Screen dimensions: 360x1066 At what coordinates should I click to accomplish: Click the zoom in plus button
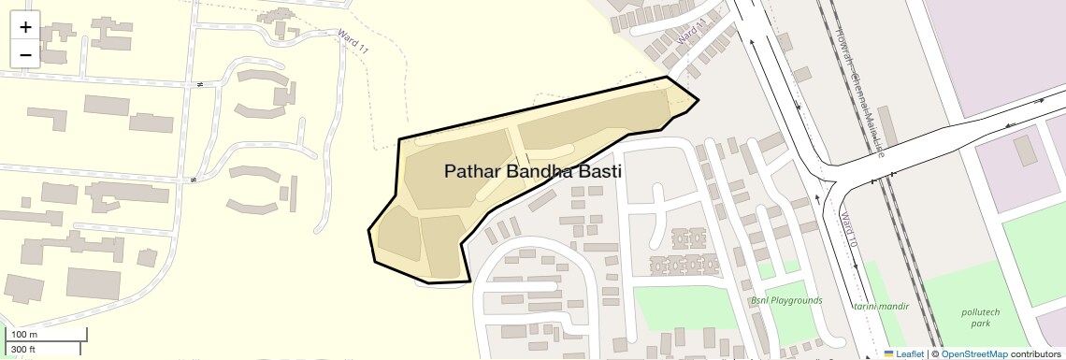pos(25,27)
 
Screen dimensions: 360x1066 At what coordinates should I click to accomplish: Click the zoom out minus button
pos(25,54)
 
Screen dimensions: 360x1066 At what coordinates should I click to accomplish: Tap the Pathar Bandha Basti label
pos(533,172)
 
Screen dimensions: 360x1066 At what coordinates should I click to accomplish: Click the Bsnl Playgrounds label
pos(786,300)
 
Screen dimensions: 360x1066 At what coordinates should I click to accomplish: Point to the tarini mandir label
pos(876,306)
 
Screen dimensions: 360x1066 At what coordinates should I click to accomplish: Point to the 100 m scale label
pos(24,335)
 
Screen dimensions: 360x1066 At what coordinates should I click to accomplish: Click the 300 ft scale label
pos(23,350)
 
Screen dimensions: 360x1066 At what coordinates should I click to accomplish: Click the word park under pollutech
pos(980,324)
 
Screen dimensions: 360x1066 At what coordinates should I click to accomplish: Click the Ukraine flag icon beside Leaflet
pos(888,354)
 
